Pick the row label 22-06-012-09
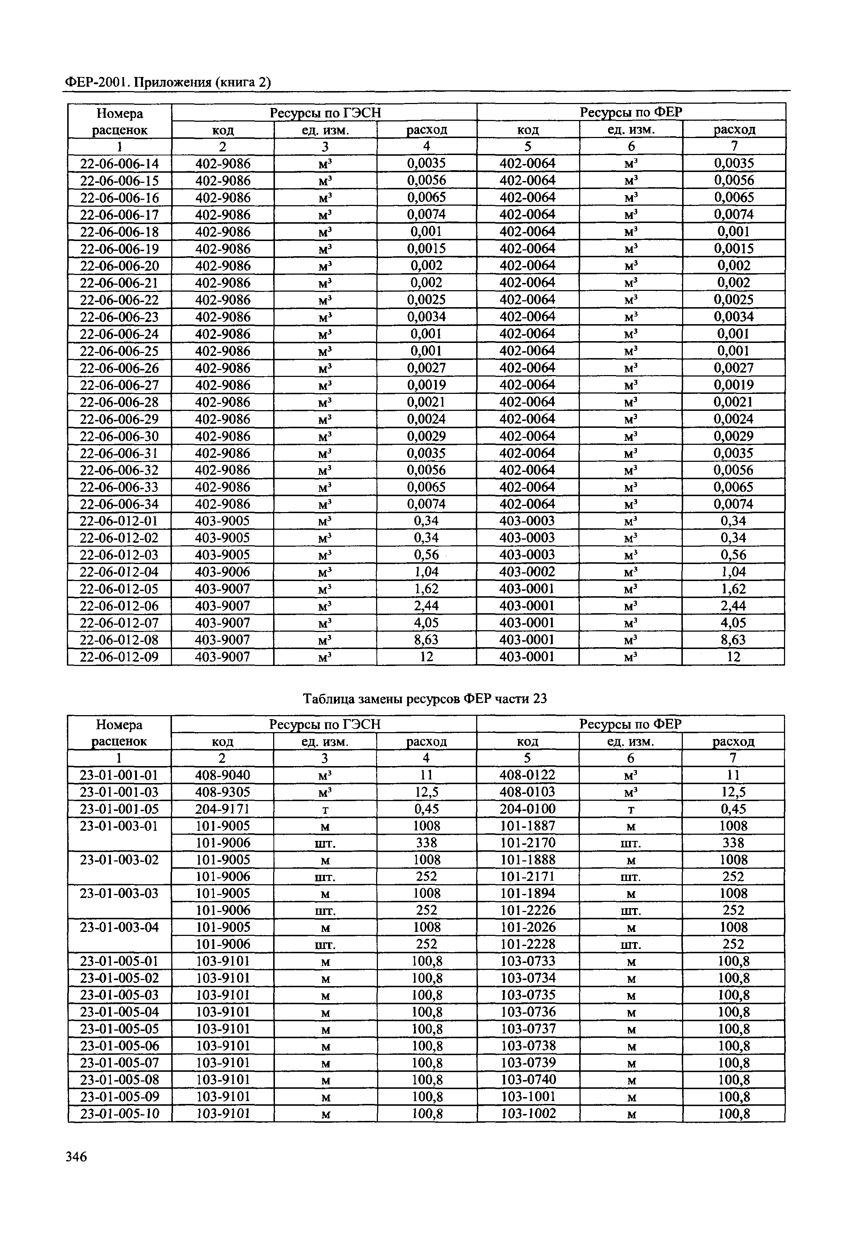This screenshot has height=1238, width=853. pyautogui.click(x=119, y=657)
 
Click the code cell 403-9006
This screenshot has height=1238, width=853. pyautogui.click(x=222, y=572)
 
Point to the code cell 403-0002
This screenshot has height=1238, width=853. pyautogui.click(x=527, y=572)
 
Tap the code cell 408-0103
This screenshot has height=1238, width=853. pyautogui.click(x=527, y=792)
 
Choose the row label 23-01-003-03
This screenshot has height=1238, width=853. pyautogui.click(x=119, y=894)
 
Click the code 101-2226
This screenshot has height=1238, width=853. pyautogui.click(x=527, y=910)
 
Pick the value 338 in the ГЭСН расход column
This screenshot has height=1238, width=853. pyautogui.click(x=426, y=843)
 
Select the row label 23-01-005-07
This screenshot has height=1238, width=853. pyautogui.click(x=119, y=1063)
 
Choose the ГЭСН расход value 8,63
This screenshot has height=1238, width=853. pyautogui.click(x=426, y=640)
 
